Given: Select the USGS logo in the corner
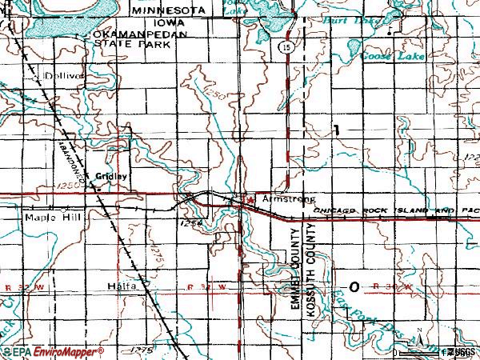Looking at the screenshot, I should click(x=462, y=351).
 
